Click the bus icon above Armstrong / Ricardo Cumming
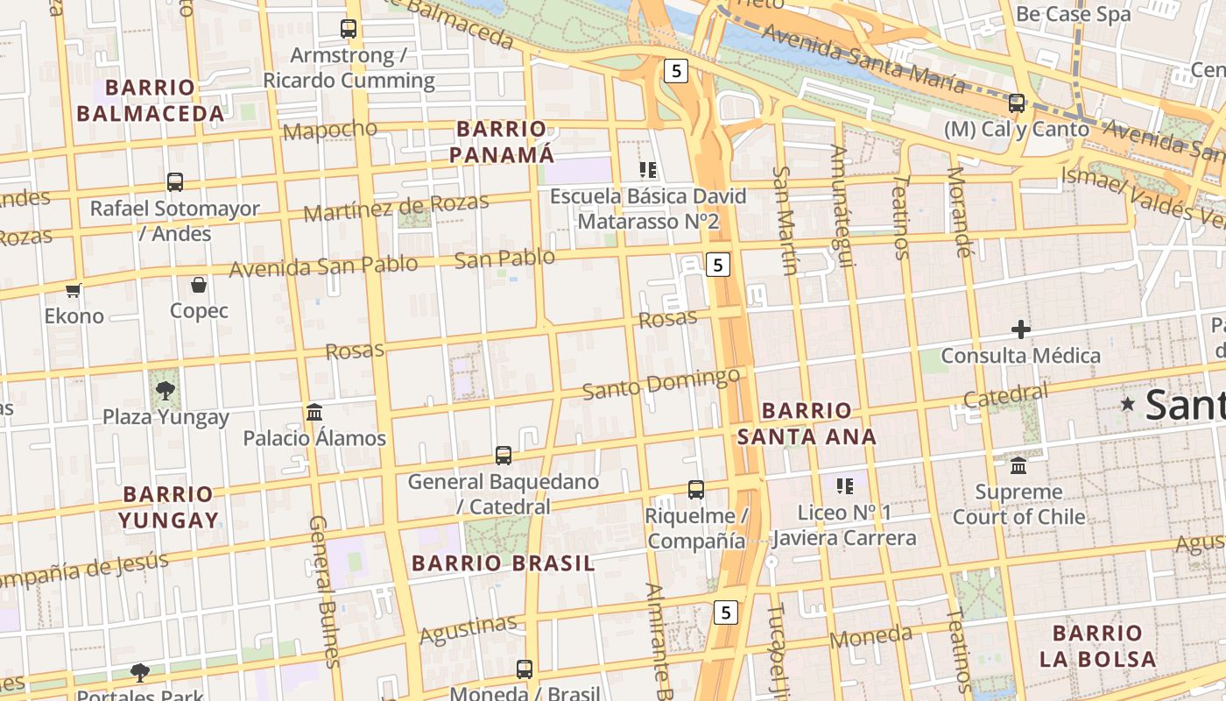click(x=349, y=29)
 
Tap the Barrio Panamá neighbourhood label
click(x=505, y=142)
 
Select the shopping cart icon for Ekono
click(x=74, y=290)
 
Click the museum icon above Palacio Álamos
click(x=314, y=412)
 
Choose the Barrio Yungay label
click(x=168, y=506)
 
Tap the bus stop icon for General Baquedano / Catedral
click(x=503, y=456)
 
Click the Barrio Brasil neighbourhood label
click(x=503, y=563)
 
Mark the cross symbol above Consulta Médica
click(x=1020, y=330)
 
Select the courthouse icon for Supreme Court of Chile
click(x=1018, y=465)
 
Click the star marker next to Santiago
click(x=1128, y=404)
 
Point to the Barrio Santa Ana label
click(x=807, y=423)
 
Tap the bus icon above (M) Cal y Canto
click(x=1017, y=103)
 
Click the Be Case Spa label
click(x=1073, y=14)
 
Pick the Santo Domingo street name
click(x=661, y=384)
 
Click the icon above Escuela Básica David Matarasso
click(x=648, y=170)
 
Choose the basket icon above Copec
click(x=199, y=285)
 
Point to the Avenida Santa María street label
click(x=863, y=59)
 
